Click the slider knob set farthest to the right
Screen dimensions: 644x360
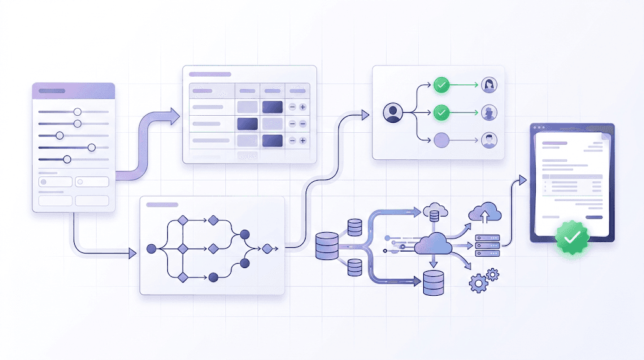(x=92, y=147)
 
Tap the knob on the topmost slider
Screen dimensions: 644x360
(x=77, y=111)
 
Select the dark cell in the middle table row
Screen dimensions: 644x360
(x=247, y=123)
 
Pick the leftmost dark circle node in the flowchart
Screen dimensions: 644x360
(x=151, y=249)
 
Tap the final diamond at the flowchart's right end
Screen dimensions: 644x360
(x=267, y=249)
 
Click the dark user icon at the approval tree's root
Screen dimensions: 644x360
(x=392, y=113)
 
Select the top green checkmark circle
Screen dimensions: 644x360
(x=442, y=84)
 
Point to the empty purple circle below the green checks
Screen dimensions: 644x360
(x=442, y=140)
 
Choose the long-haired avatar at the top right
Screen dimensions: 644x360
(x=489, y=84)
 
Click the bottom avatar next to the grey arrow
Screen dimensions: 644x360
(x=489, y=140)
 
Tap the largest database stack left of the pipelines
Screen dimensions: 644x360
(x=327, y=246)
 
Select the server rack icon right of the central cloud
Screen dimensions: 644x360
(x=487, y=246)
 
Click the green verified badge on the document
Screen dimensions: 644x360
(x=572, y=237)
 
